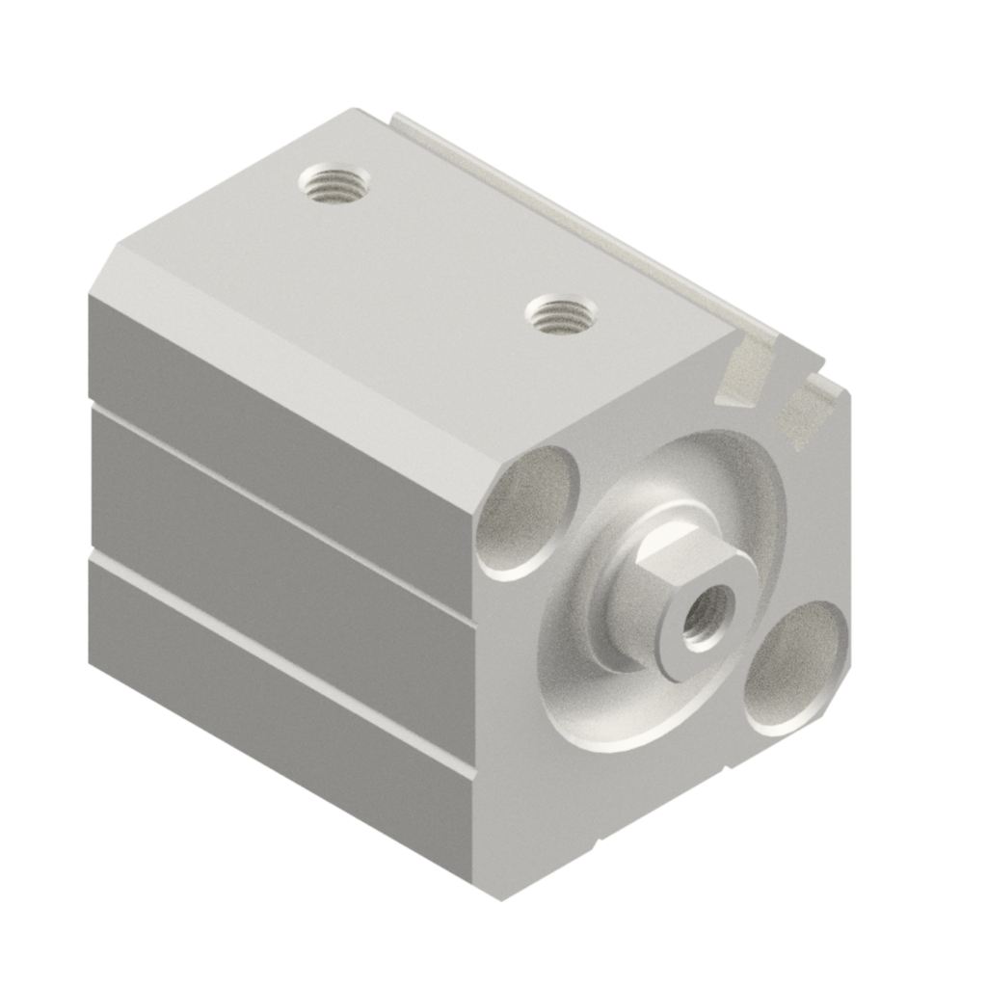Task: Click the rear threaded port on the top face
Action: [333, 181]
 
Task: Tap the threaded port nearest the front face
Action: [561, 315]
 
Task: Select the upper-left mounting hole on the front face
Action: [528, 511]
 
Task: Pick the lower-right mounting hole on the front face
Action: [797, 667]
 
